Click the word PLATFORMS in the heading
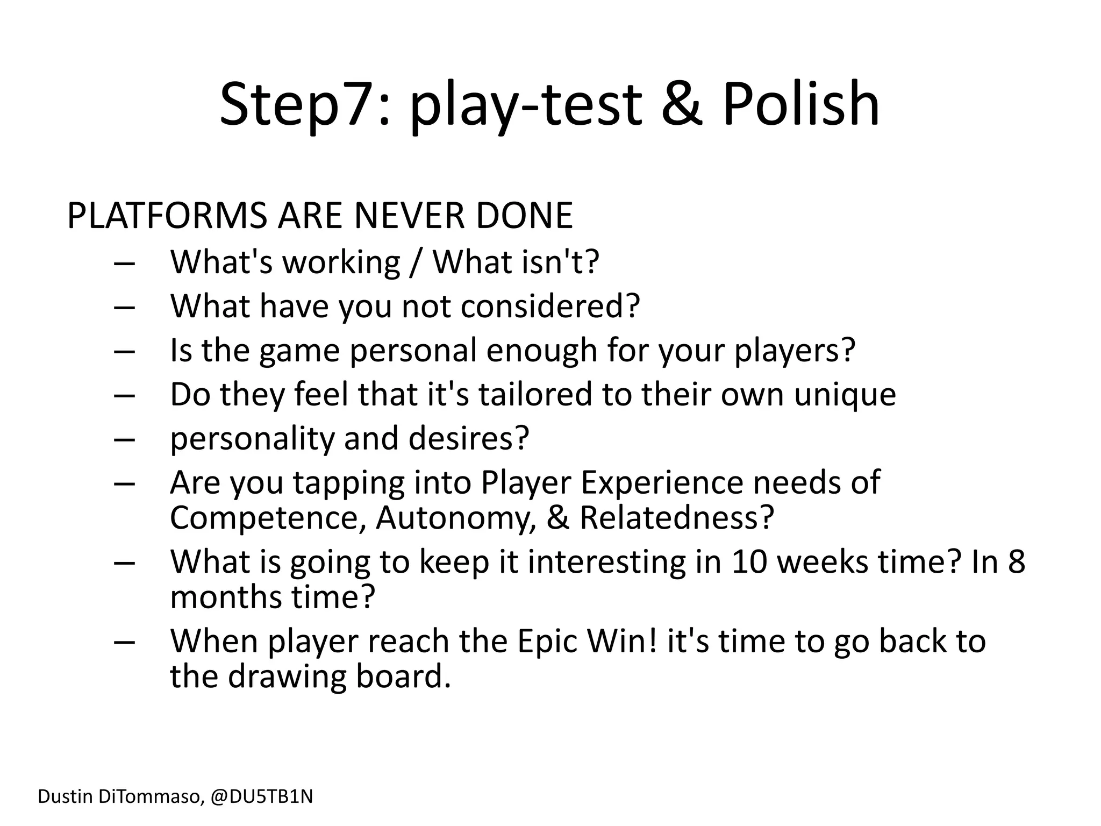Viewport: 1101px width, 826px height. pyautogui.click(x=167, y=216)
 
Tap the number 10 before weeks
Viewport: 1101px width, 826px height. pyautogui.click(x=748, y=561)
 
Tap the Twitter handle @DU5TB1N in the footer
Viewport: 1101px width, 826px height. pyautogui.click(x=261, y=796)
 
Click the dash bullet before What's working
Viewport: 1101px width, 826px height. pyautogui.click(x=124, y=264)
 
